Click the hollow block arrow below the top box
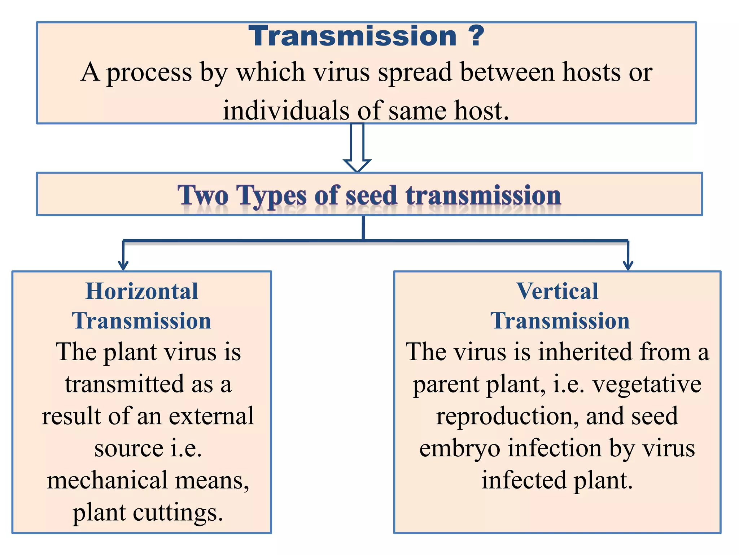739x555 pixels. (x=357, y=148)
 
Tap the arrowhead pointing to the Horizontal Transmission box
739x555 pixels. (x=123, y=265)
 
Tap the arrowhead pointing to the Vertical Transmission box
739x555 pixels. (x=628, y=265)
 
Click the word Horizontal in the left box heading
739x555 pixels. (x=141, y=291)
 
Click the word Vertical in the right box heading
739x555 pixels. (x=557, y=291)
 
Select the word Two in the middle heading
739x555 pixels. (x=203, y=195)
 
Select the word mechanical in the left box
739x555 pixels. (x=107, y=481)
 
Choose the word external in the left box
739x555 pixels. (x=211, y=416)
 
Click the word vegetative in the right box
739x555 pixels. (x=647, y=384)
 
